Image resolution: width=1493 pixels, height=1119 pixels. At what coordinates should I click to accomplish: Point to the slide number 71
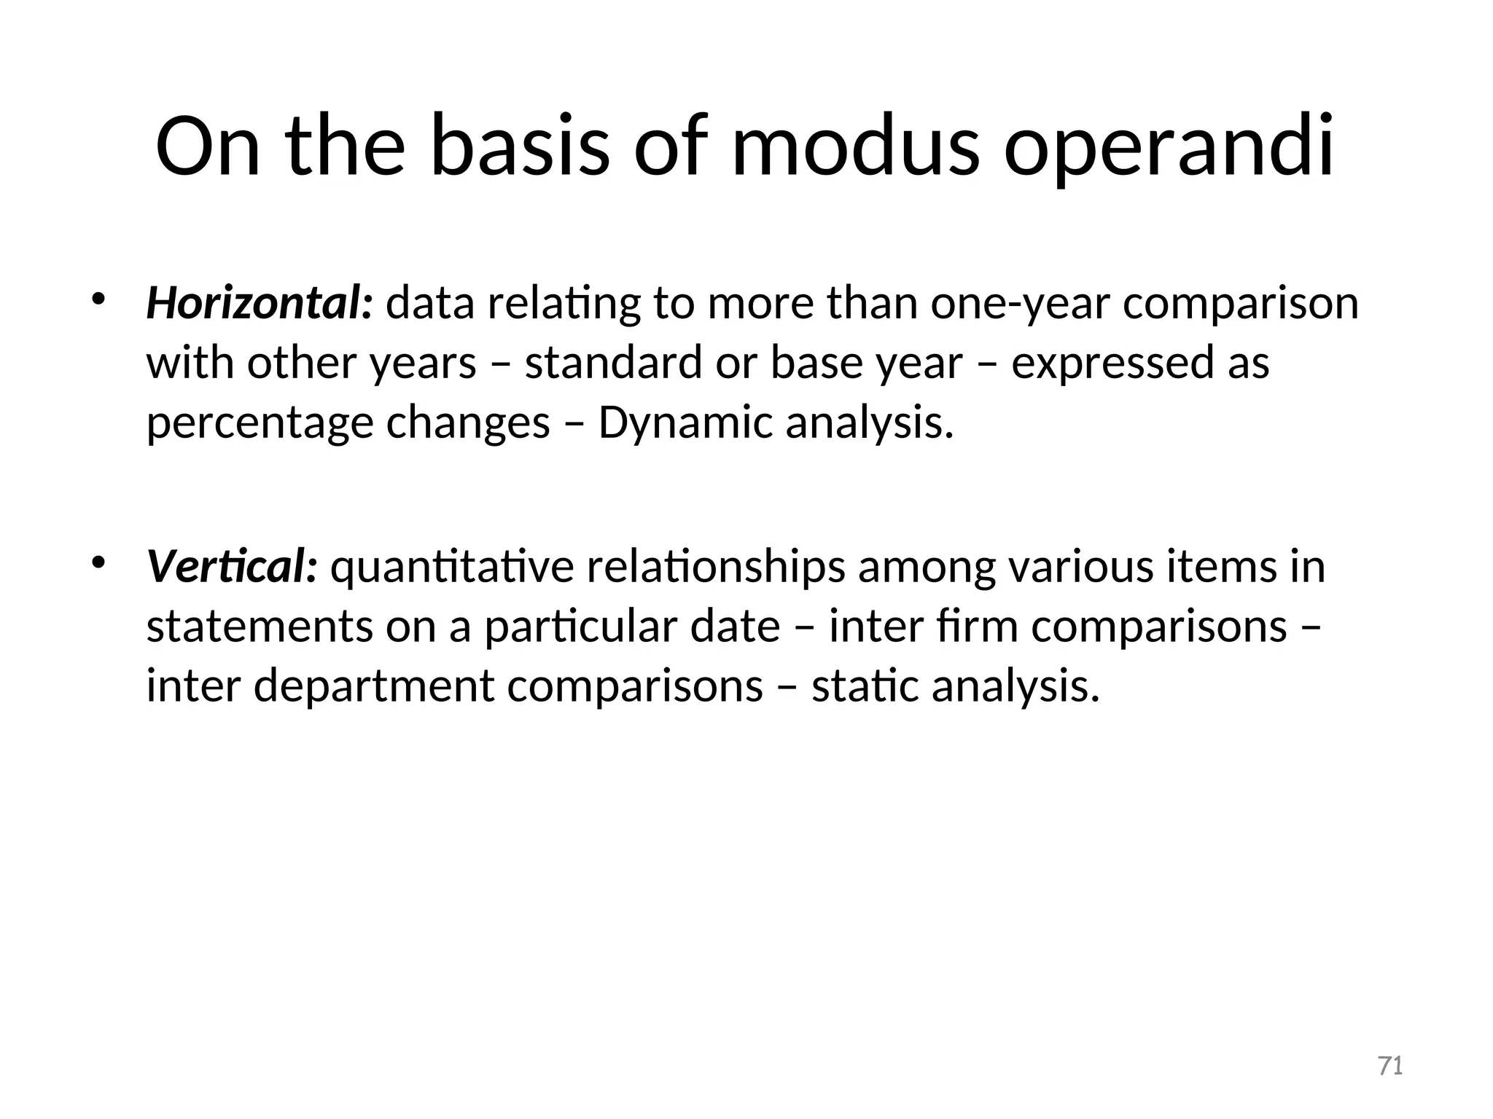click(1391, 1066)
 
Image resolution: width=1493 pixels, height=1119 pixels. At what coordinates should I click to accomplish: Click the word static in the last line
click(865, 686)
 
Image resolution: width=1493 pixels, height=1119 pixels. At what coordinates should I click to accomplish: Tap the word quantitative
click(452, 568)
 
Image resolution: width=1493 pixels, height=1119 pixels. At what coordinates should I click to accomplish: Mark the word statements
click(260, 628)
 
